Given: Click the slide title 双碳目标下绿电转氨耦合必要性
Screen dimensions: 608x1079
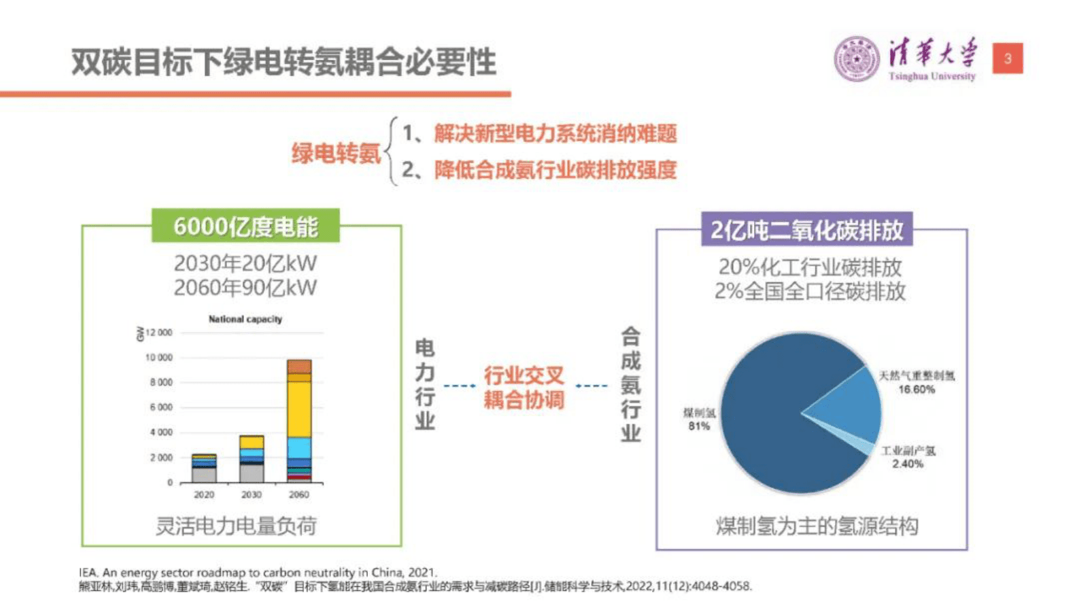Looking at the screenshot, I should [284, 62].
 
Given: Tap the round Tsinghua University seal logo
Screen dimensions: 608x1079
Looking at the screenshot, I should [856, 59].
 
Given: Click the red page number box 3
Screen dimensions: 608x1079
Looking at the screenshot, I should [1008, 58].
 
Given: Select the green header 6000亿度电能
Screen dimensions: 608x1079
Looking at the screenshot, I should [245, 226].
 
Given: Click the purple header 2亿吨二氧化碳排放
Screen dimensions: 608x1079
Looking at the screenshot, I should [806, 231].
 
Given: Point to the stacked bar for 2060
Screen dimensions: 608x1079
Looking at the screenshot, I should [299, 422].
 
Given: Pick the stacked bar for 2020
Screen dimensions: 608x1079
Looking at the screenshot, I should [204, 469].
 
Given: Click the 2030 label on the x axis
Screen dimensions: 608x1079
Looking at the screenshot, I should [252, 494].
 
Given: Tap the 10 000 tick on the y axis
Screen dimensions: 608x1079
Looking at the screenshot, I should [159, 358].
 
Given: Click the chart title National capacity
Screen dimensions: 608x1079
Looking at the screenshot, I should [245, 319].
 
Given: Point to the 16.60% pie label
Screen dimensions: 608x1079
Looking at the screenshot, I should [916, 390].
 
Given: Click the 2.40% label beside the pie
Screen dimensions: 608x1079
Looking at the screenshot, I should [908, 464].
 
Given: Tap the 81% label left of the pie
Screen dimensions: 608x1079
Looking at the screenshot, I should [698, 426].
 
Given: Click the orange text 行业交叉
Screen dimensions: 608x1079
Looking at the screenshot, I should [524, 375].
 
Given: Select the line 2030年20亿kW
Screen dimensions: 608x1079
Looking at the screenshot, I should [245, 264].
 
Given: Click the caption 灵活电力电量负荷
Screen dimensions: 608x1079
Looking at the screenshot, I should [236, 526].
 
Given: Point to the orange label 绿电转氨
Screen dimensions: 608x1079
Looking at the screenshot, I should [336, 153].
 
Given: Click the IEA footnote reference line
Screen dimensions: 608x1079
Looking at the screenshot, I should [258, 573].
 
